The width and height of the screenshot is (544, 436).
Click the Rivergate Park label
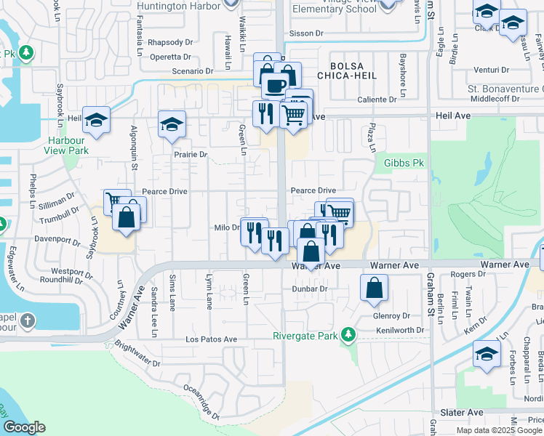coord(305,336)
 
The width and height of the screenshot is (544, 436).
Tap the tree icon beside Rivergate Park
coord(348,334)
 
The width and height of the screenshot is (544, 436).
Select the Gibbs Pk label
coord(404,163)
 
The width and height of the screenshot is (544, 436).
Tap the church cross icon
coord(27,320)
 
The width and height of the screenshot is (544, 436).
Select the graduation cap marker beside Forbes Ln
coord(487,355)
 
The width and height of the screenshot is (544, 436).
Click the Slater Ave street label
coord(465,412)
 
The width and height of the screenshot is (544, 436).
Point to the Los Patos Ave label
coord(211,339)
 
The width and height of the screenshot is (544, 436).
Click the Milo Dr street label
coord(227,227)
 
